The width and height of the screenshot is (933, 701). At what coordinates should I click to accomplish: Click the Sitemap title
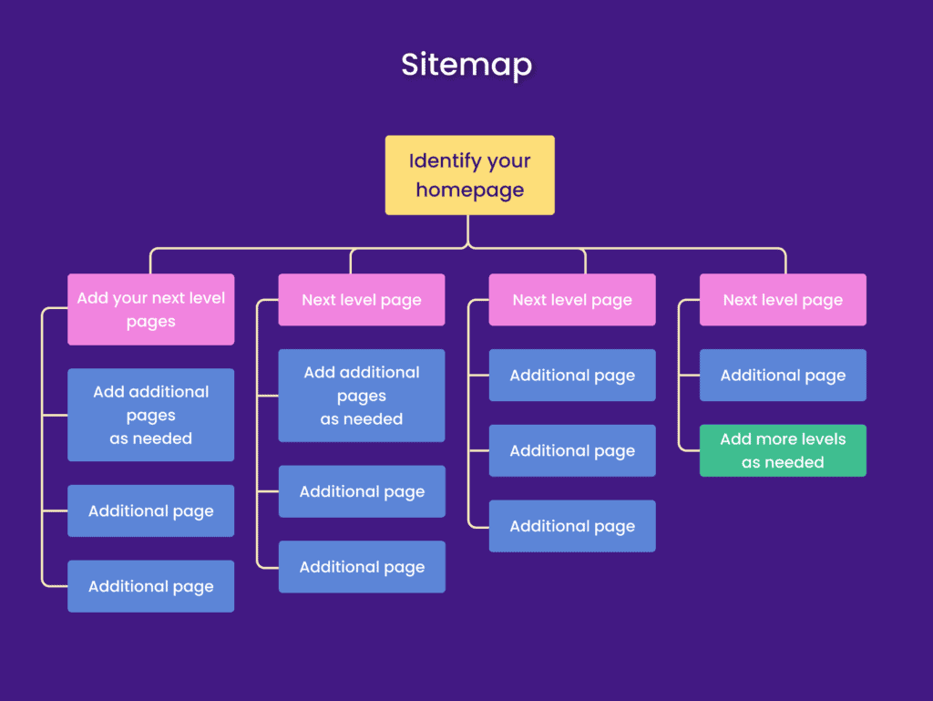click(x=466, y=65)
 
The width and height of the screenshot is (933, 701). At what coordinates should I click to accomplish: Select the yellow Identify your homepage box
click(x=469, y=175)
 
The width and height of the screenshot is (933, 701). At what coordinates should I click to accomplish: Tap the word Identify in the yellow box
click(x=443, y=161)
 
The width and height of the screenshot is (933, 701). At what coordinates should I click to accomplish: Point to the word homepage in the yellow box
click(x=469, y=190)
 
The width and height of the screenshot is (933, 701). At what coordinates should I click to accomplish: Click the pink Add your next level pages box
click(x=150, y=309)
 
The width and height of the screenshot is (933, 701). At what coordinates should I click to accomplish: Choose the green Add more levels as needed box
click(x=783, y=450)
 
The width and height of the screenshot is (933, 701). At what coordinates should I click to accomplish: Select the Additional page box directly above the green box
click(x=783, y=376)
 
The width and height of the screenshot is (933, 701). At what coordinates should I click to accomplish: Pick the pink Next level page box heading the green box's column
click(x=783, y=300)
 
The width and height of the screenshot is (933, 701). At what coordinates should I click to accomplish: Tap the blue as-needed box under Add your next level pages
click(x=150, y=415)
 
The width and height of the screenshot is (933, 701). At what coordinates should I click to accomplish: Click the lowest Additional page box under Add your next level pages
click(x=150, y=586)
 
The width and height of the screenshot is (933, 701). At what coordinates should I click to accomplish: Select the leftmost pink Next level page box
click(x=362, y=300)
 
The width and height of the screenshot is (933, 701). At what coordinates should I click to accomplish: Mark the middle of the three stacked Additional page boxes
click(x=572, y=450)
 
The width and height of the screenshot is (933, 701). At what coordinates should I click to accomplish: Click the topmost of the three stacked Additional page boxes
click(x=572, y=376)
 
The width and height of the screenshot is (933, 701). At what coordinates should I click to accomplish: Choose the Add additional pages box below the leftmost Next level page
click(x=362, y=396)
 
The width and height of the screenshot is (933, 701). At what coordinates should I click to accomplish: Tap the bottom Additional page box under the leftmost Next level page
click(x=362, y=567)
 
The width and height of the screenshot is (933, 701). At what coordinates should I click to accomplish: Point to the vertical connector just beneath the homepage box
click(x=468, y=230)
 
